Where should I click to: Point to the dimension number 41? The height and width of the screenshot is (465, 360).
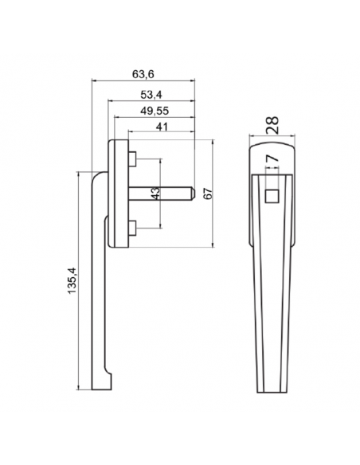point(162,127)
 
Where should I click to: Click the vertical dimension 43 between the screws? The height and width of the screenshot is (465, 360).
point(156,193)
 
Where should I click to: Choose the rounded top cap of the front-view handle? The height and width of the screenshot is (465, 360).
point(272,148)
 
